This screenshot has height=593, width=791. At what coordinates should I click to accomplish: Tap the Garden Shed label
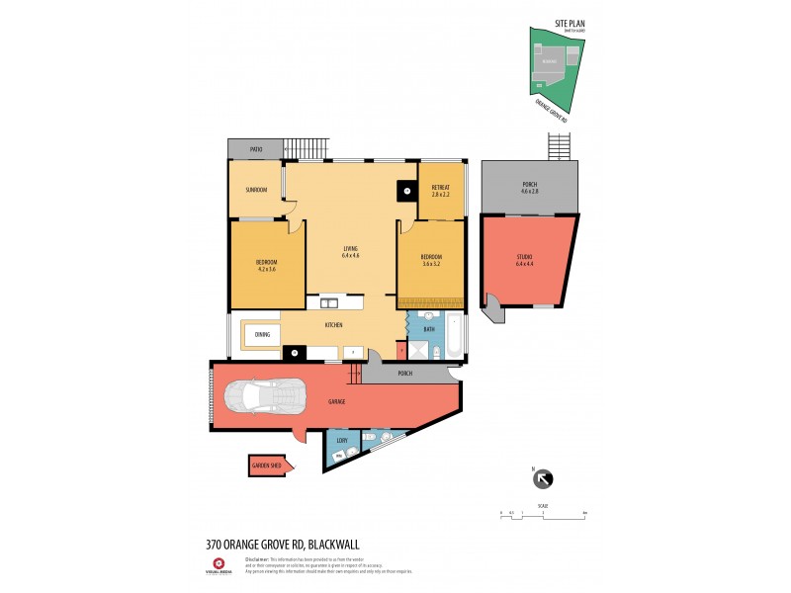pos(267,466)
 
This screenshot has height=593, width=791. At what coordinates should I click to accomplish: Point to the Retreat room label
pos(440,188)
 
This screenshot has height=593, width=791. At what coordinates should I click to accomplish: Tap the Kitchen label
pos(334,325)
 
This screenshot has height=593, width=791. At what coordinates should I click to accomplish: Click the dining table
pos(262,335)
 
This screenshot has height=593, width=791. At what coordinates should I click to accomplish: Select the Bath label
pos(429,329)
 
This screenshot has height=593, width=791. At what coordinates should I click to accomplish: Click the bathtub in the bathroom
pos(453,337)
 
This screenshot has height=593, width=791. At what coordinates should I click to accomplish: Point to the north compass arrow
pos(543,479)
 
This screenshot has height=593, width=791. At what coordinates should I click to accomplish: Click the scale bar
pos(543,513)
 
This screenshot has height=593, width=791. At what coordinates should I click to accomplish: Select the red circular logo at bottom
pos(219,564)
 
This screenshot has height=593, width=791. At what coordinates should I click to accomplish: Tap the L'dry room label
pos(342,441)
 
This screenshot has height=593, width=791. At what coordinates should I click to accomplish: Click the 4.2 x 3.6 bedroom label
pos(267,264)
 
